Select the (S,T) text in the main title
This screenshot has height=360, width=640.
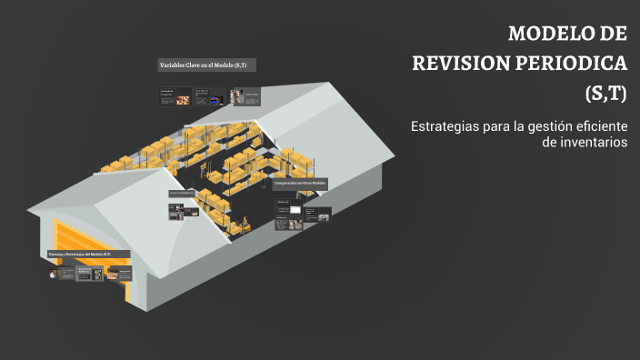(x=605, y=93)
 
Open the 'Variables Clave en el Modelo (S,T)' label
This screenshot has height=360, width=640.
(x=206, y=65)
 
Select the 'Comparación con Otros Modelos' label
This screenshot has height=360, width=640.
(x=300, y=184)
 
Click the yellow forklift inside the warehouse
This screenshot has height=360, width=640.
(x=244, y=224)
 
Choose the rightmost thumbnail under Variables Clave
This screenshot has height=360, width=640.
(x=248, y=96)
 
